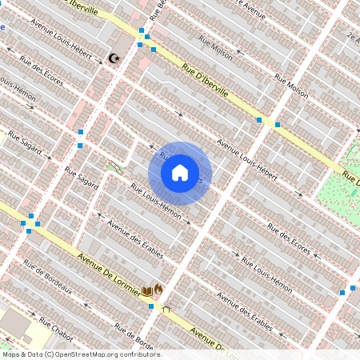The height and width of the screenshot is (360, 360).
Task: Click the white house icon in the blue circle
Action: pos(180,173)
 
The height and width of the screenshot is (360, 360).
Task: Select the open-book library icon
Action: pos(146,290)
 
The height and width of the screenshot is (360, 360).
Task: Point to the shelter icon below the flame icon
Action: pos(166,306)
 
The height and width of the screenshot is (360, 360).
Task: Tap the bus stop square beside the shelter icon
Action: pos(150,306)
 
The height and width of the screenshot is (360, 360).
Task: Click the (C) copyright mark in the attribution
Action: pos(51,354)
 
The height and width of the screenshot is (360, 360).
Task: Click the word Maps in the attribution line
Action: pos(10,354)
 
